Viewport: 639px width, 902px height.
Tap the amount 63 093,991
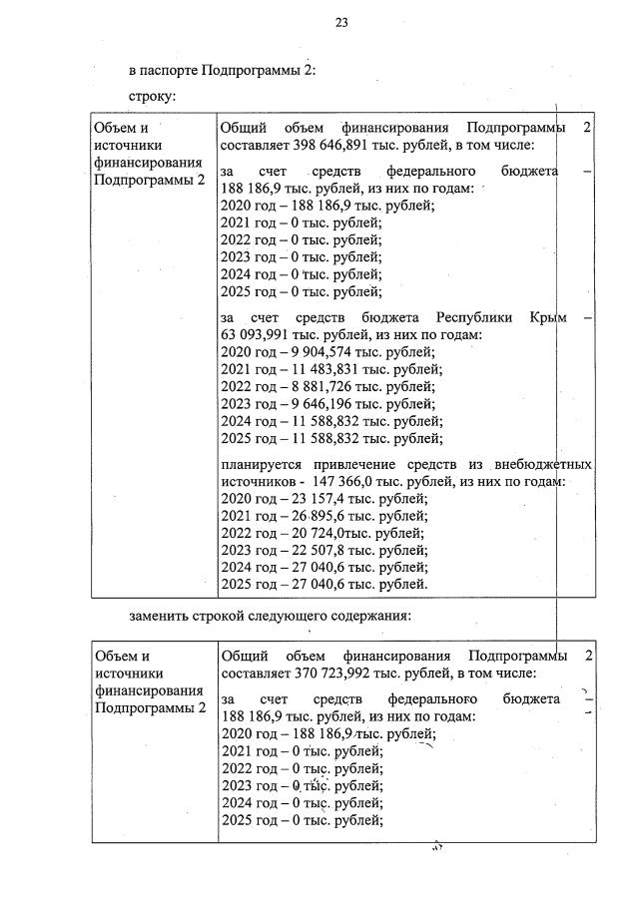coord(256,334)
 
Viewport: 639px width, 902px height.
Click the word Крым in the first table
coord(548,317)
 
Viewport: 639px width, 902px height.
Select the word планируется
coord(264,464)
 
